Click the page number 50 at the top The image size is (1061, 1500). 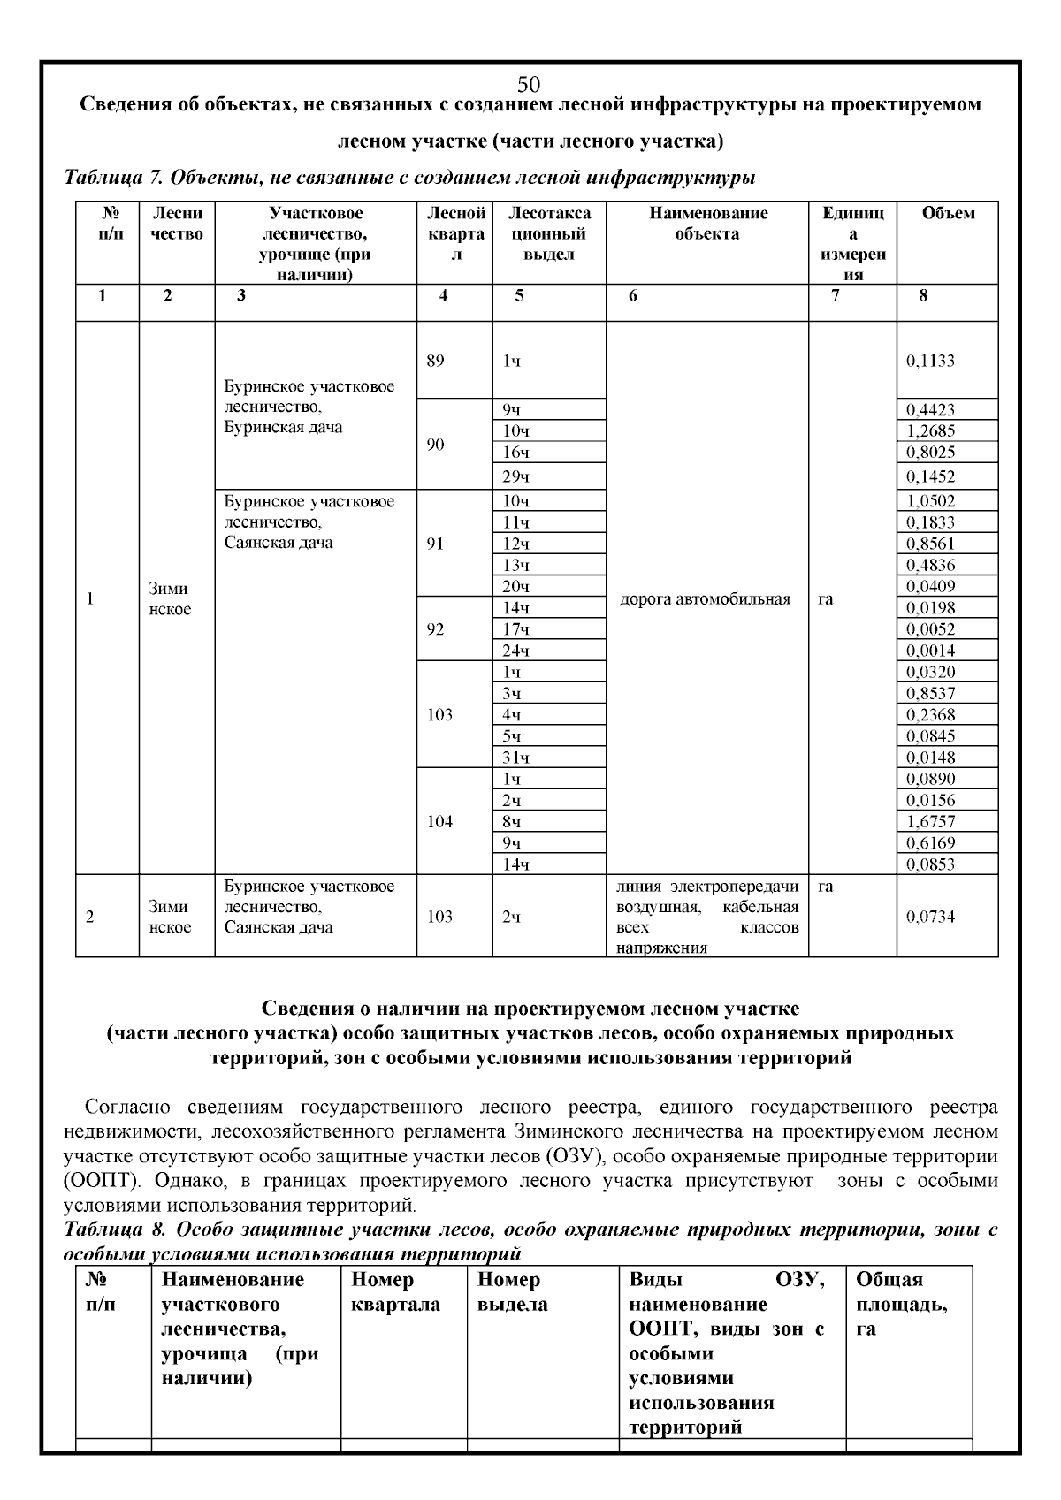pos(529,85)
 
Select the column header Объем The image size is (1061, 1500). pos(948,213)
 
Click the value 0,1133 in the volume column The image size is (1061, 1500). pos(930,361)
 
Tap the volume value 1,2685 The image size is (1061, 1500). pos(930,431)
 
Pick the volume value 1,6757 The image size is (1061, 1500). pos(930,822)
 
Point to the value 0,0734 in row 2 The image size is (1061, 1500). pos(930,917)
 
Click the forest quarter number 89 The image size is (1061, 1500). pos(435,361)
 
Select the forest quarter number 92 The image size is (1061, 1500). pos(435,629)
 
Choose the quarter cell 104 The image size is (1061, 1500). pos(439,822)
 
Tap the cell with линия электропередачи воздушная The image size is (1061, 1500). pos(706,917)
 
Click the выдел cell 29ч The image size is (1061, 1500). pos(515,477)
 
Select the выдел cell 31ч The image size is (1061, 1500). pos(515,758)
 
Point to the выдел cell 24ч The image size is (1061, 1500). pos(515,651)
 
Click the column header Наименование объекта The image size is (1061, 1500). pos(707,224)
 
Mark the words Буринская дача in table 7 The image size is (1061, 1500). pos(283,428)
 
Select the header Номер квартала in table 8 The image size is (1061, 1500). pos(395,1291)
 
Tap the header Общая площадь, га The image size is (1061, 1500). pos(900,1304)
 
